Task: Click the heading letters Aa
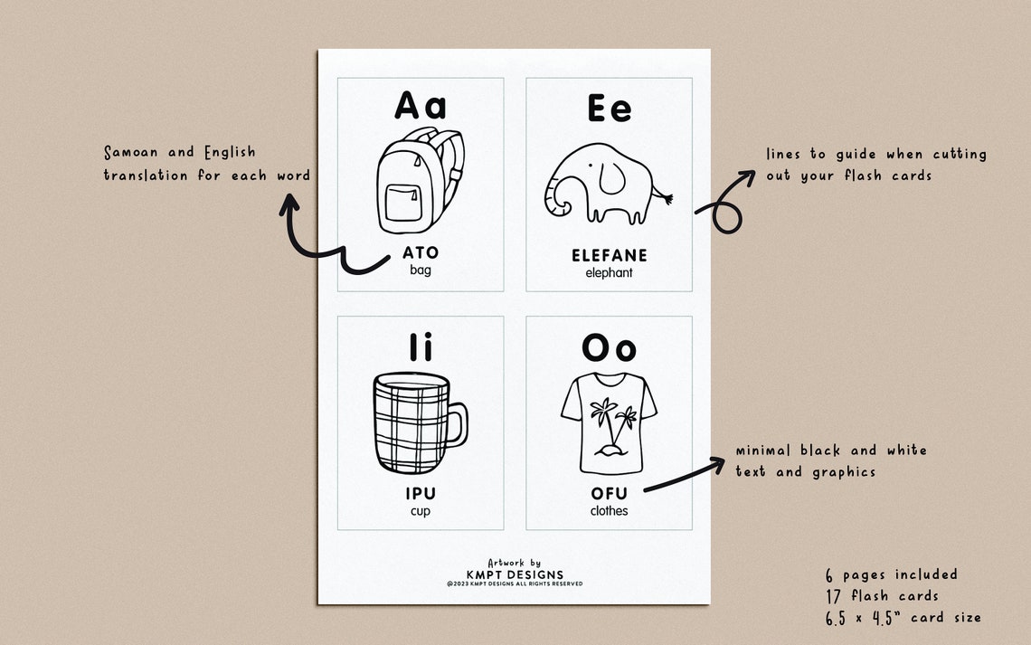tap(421, 106)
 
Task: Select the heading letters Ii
tap(421, 347)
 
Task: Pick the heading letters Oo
tap(609, 347)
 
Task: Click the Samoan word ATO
tap(421, 253)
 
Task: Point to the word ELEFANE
tap(610, 256)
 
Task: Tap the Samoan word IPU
tap(421, 494)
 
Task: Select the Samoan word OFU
tap(610, 494)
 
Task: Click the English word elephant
tap(610, 272)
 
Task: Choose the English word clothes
tap(610, 511)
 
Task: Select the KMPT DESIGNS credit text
tap(515, 574)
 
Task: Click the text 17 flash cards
tap(882, 595)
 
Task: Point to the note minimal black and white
tap(830, 451)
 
